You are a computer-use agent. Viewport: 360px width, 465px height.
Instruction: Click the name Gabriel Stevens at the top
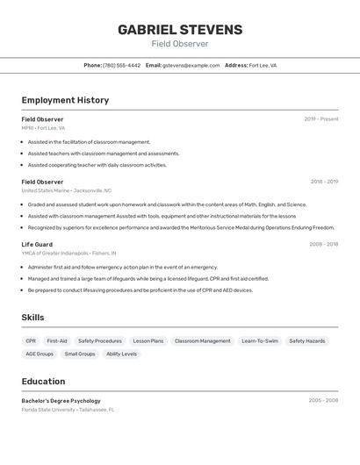tap(180, 29)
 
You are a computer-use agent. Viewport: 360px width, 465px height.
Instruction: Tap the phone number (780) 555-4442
tap(121, 65)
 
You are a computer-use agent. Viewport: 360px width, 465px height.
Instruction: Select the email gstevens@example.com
tap(191, 65)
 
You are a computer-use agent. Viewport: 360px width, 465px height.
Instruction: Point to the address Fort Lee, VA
tap(263, 65)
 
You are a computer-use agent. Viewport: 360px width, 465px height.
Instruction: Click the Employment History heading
tap(65, 100)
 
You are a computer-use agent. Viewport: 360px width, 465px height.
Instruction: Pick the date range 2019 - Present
tap(321, 118)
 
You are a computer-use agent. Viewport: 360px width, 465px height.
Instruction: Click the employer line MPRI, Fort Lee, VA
tap(43, 128)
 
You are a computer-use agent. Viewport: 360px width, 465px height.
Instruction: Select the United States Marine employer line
tap(67, 190)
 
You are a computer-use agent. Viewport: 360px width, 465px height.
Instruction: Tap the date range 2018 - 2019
tap(324, 182)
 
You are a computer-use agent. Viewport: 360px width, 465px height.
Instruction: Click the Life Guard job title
tap(37, 244)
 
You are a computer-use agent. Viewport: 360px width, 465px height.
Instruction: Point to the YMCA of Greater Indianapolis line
tap(69, 253)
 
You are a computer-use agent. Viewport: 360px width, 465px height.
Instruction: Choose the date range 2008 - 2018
tap(323, 244)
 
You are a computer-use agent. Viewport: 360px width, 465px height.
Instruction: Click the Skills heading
tap(32, 318)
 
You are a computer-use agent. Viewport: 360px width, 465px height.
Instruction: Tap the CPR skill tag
tap(31, 340)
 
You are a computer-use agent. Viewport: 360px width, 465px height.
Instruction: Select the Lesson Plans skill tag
tap(148, 340)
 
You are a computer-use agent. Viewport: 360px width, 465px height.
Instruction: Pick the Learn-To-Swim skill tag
tap(260, 340)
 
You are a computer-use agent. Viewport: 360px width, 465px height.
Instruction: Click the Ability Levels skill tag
tap(121, 354)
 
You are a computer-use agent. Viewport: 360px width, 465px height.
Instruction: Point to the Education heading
tap(43, 381)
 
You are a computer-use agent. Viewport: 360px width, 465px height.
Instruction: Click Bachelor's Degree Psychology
tap(61, 400)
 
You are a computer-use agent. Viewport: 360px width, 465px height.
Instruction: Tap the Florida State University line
tap(68, 409)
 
